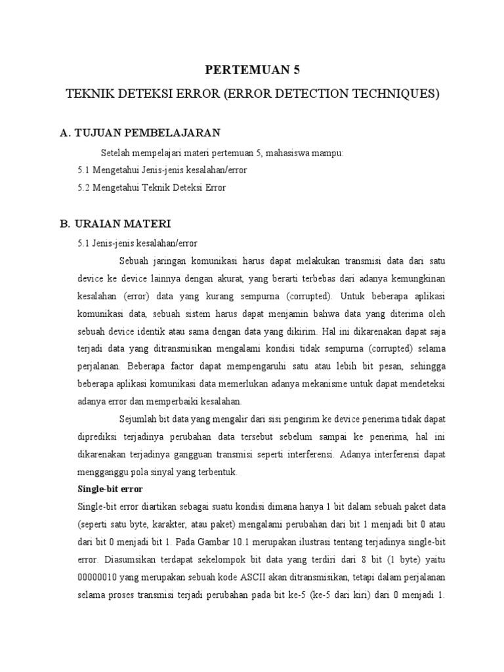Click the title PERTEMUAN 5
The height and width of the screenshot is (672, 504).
tap(252, 71)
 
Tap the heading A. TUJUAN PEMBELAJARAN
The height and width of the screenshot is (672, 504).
tap(140, 133)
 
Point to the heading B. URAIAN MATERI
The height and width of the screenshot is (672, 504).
tap(115, 224)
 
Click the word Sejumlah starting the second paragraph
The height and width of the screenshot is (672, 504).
tap(139, 419)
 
